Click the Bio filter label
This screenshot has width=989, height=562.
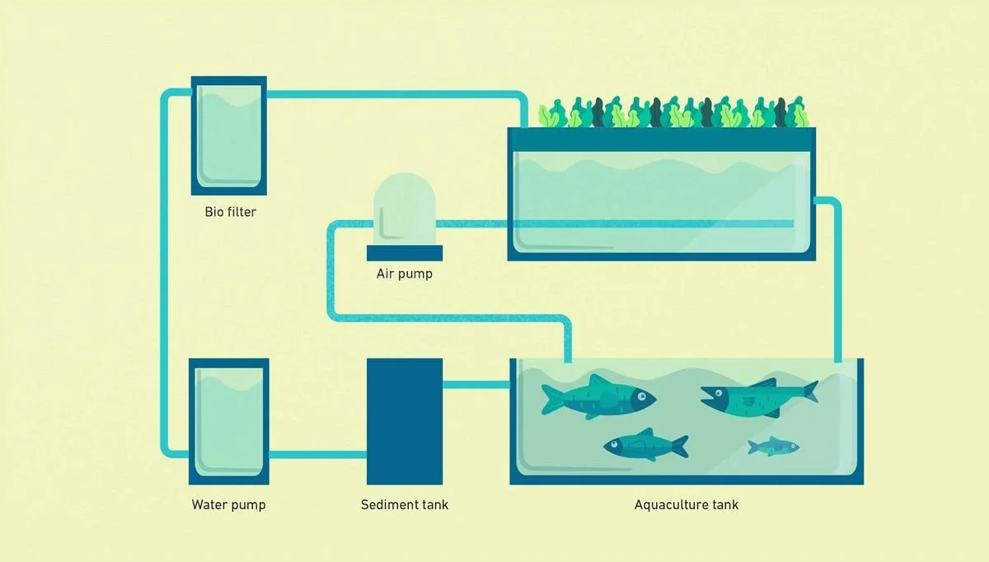[230, 212]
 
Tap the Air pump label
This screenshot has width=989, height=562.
[405, 274]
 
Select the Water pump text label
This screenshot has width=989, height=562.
[229, 504]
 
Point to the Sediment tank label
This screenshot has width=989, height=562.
[405, 504]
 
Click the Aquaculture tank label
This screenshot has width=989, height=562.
[686, 504]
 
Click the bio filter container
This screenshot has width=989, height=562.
[229, 135]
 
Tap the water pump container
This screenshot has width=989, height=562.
[229, 421]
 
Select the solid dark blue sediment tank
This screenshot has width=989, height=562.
[405, 421]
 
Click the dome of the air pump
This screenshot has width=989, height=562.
[405, 208]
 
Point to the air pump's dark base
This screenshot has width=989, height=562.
[405, 253]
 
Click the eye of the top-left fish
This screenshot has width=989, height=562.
[641, 396]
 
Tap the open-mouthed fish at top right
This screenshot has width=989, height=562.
[759, 398]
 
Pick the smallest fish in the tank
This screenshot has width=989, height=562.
[773, 447]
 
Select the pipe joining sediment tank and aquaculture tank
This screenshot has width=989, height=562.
[476, 385]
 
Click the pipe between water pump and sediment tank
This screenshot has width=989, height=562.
[318, 455]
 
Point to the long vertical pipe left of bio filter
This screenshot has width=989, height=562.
[164, 274]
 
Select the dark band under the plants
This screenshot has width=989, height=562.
[661, 139]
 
